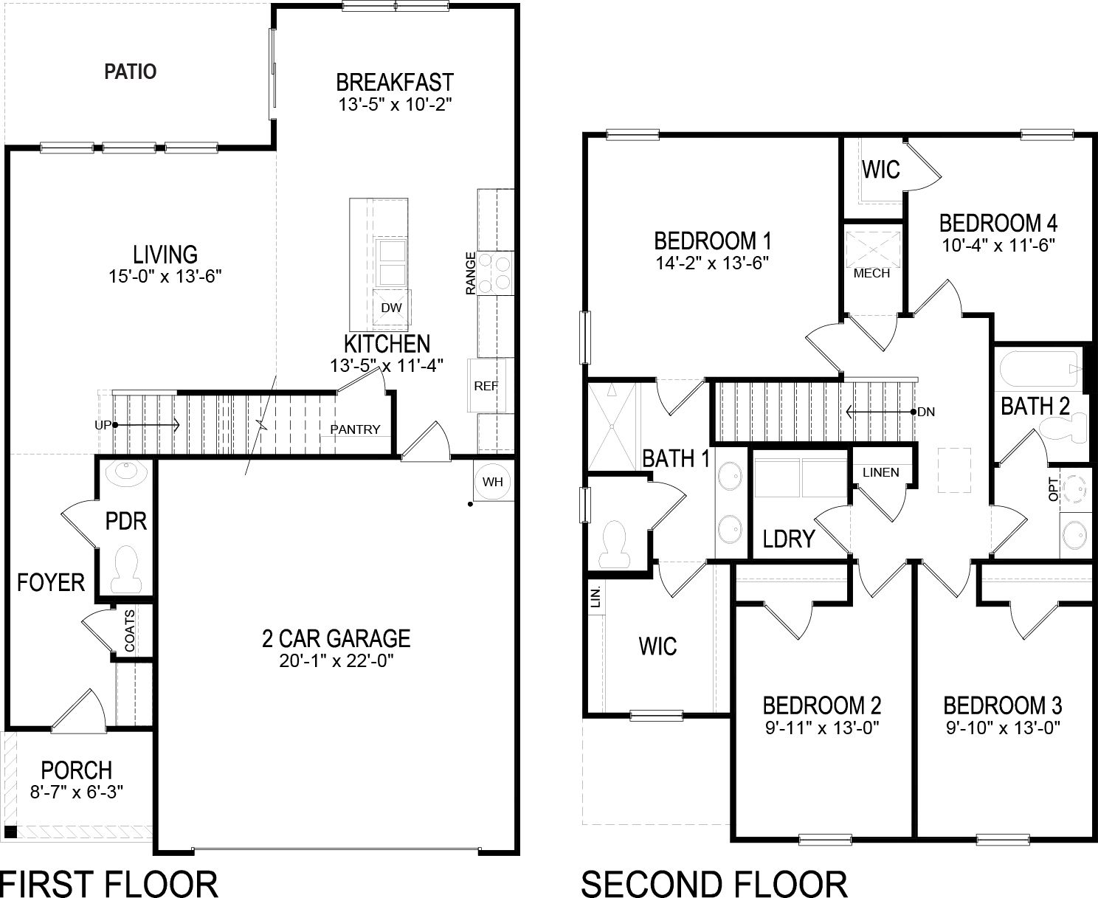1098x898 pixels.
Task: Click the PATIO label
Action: point(130,72)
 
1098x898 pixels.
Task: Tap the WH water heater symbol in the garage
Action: point(492,482)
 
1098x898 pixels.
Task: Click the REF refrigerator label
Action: point(486,386)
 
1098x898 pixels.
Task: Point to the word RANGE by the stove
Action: point(470,274)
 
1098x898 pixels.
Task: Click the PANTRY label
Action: point(355,429)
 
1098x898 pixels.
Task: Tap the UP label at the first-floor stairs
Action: point(102,425)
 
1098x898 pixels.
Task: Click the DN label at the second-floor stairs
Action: point(926,412)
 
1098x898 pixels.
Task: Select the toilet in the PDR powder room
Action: point(128,569)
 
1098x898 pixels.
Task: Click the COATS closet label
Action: point(130,630)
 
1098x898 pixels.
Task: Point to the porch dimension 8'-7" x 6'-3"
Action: point(77,792)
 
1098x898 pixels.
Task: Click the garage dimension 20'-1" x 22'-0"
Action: point(335,660)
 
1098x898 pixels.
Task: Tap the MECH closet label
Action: point(871,273)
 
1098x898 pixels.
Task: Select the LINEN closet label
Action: point(880,472)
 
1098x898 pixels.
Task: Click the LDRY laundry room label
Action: point(788,539)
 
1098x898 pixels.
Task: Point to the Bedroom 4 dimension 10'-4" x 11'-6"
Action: point(998,244)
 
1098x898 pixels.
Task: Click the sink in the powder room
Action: point(126,472)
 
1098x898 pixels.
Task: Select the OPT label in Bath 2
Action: point(1054,488)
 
